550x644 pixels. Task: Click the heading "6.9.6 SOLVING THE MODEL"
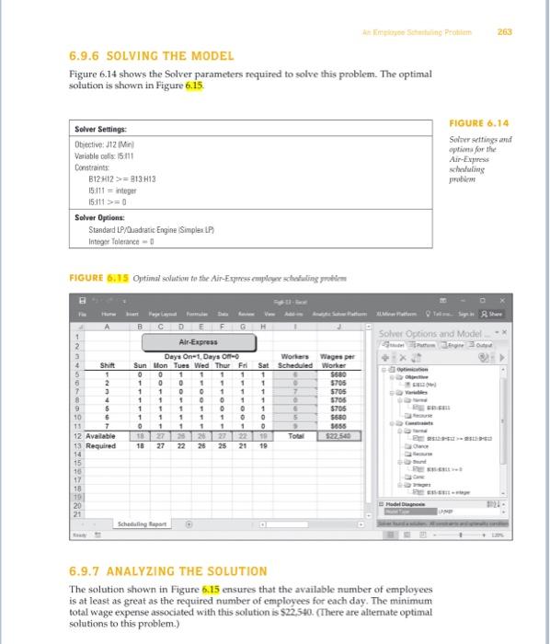[139, 56]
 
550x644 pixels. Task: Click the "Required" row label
[90, 444]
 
